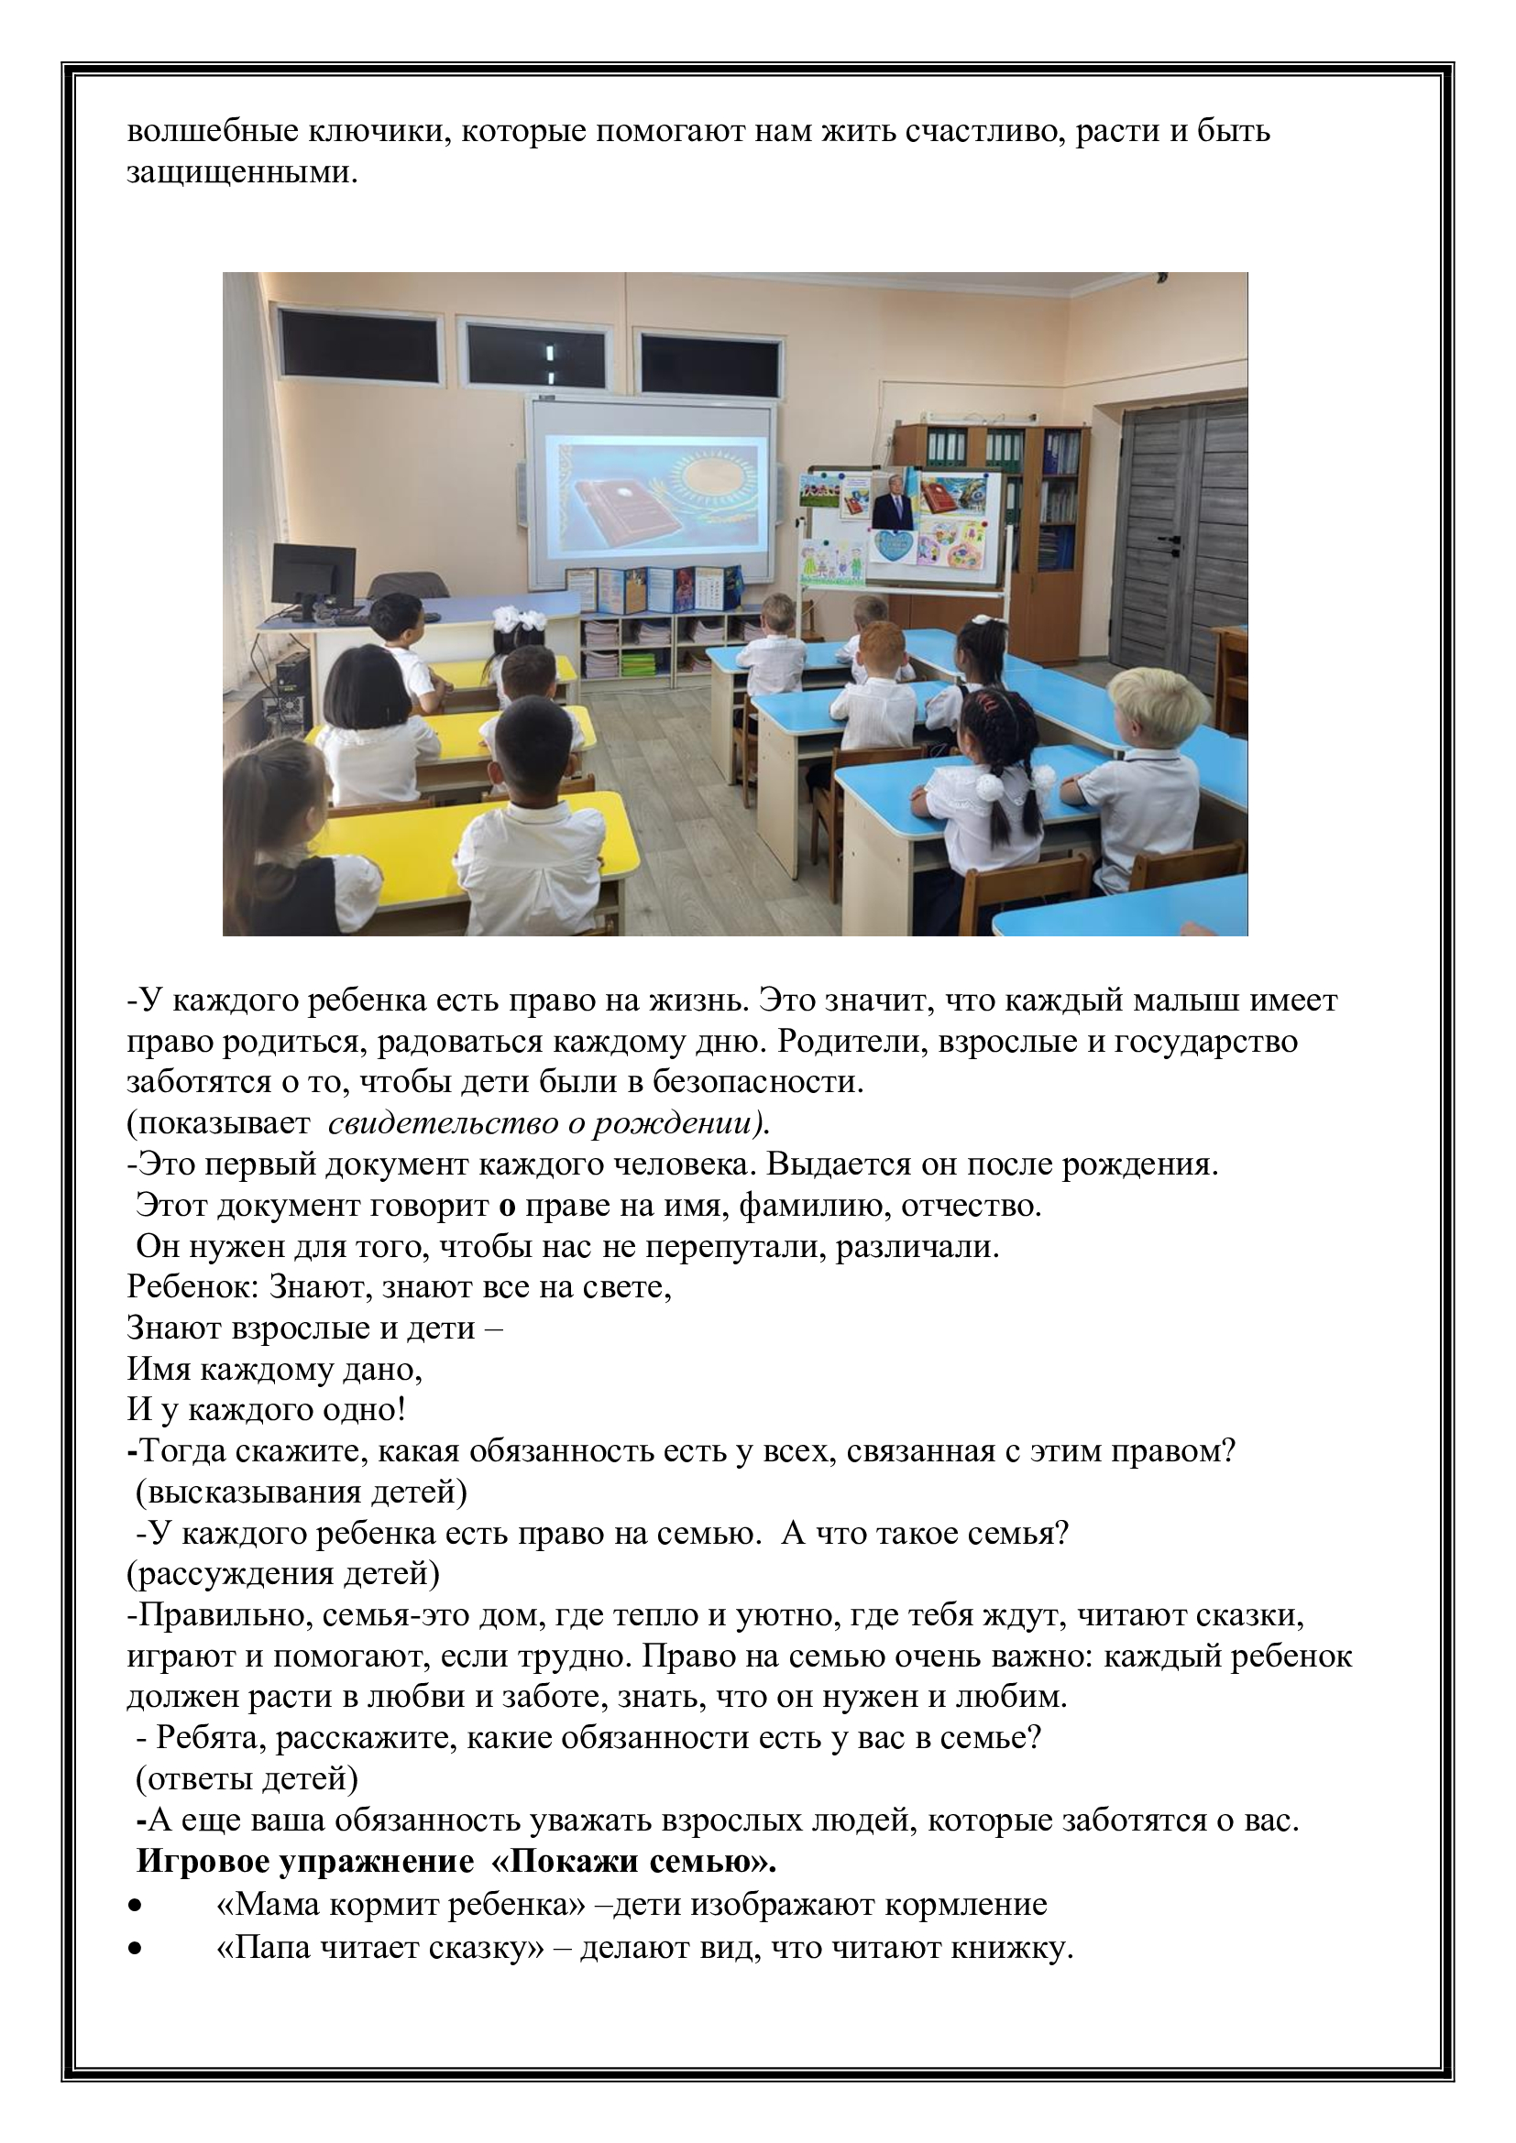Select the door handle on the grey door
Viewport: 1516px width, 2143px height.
(x=1167, y=540)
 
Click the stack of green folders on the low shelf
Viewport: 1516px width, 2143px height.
(x=638, y=665)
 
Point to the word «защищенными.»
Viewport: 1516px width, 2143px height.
(x=242, y=173)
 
